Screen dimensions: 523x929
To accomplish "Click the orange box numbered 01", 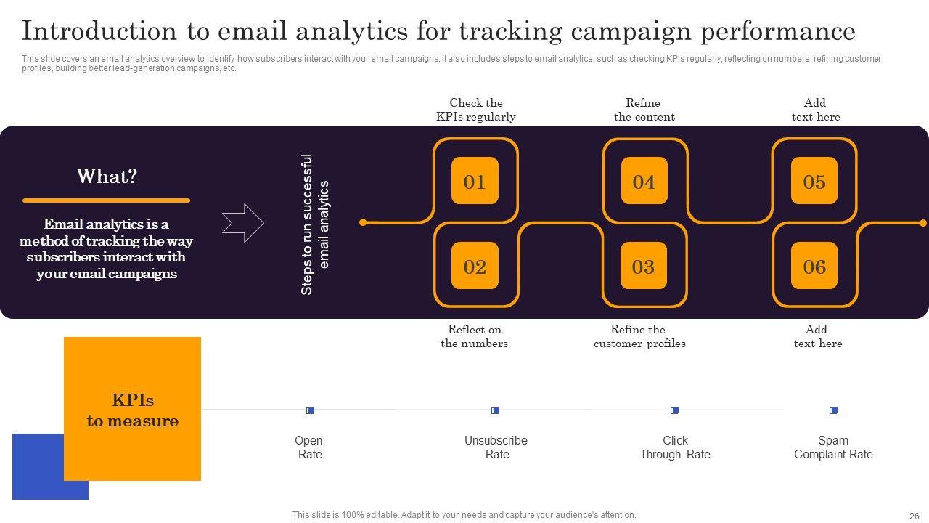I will (x=475, y=181).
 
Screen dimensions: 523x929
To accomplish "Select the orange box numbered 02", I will (x=475, y=266).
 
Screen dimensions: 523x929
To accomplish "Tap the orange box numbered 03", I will (x=644, y=266).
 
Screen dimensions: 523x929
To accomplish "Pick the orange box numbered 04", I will (x=644, y=181).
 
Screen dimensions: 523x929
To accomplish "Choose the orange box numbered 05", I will (x=814, y=181).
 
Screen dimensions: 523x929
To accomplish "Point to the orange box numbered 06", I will (x=814, y=266).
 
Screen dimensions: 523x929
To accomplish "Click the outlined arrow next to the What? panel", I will (x=242, y=222).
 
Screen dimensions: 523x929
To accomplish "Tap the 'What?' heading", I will (x=107, y=177).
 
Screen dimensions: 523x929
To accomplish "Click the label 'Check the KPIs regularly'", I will (x=476, y=110).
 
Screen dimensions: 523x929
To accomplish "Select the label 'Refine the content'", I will (x=644, y=110).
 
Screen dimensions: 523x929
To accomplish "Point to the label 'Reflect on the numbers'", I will (x=475, y=336).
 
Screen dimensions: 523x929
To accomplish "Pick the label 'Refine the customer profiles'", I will (x=639, y=336).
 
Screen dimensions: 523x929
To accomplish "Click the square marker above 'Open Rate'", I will (x=310, y=410).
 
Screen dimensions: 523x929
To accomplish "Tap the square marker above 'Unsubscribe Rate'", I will (x=495, y=410).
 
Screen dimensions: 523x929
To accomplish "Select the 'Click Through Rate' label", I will (x=675, y=447).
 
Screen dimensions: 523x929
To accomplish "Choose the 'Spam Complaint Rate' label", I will (x=833, y=447).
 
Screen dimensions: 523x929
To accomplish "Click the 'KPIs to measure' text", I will (x=133, y=410).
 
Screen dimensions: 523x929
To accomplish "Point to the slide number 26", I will (x=914, y=516).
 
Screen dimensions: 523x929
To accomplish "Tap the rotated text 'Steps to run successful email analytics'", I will (x=315, y=224).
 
